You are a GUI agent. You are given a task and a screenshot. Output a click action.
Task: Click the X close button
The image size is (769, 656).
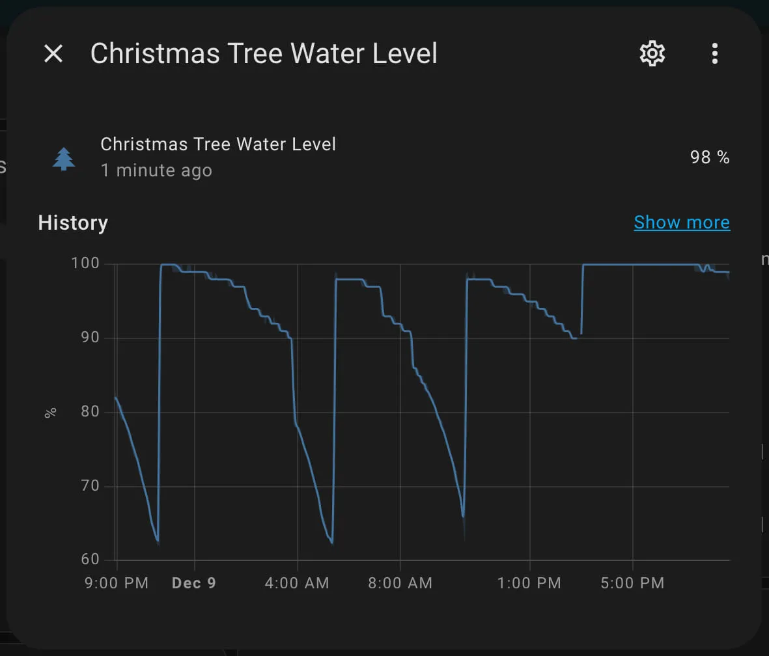(53, 53)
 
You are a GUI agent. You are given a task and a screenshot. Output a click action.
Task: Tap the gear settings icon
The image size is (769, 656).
(652, 53)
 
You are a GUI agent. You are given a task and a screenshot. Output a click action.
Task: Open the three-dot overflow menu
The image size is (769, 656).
(714, 53)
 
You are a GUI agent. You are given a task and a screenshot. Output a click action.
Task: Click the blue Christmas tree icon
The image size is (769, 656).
(64, 158)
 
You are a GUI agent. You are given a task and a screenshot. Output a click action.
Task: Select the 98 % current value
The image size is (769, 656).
(710, 157)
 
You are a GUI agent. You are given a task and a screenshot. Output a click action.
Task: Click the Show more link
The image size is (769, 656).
(682, 223)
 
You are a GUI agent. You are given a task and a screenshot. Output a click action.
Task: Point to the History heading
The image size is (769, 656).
(73, 223)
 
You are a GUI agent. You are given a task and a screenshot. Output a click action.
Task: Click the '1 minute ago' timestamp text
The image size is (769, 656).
(156, 171)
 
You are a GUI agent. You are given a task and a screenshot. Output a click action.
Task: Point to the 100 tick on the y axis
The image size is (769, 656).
(85, 264)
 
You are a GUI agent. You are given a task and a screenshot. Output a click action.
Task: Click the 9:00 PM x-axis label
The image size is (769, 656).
(117, 583)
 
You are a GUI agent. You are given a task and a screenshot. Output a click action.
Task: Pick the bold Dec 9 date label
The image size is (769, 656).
(194, 583)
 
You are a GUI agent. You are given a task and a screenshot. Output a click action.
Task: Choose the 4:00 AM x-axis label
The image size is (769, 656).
(297, 583)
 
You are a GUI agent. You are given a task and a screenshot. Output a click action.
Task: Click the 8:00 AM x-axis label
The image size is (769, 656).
(400, 583)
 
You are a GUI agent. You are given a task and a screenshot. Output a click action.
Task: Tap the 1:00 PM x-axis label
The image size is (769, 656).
(529, 583)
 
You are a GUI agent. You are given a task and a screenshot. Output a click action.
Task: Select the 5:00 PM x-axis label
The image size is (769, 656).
(632, 583)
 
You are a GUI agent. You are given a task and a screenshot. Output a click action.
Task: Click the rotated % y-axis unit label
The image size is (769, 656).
(51, 412)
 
